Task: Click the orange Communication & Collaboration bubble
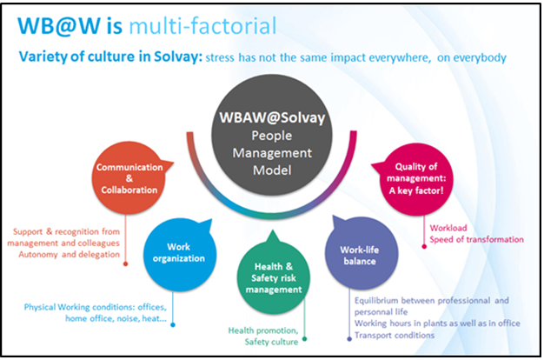(129, 178)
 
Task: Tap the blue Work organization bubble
(180, 255)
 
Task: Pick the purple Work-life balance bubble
(361, 253)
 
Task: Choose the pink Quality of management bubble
(416, 179)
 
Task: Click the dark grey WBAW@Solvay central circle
(272, 135)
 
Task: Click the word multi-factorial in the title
(202, 26)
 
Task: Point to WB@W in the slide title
(59, 26)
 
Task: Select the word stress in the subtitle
(220, 57)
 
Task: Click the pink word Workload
(448, 228)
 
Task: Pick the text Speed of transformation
(477, 239)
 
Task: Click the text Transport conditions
(395, 336)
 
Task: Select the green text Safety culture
(271, 342)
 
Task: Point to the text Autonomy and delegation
(69, 255)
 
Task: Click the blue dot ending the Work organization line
(173, 324)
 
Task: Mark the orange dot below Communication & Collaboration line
(126, 263)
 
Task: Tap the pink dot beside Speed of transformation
(424, 246)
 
